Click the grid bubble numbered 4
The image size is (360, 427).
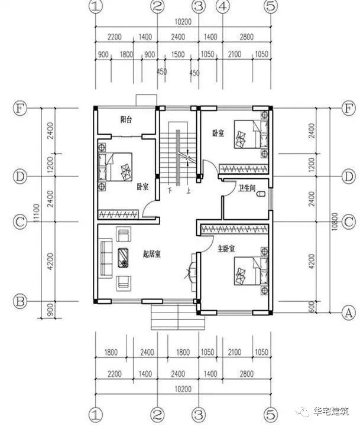[222, 7]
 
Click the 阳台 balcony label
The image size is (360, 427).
[127, 120]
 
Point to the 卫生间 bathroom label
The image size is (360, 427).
[247, 189]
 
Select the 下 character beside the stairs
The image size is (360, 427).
[170, 191]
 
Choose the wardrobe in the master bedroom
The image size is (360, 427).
[233, 228]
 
